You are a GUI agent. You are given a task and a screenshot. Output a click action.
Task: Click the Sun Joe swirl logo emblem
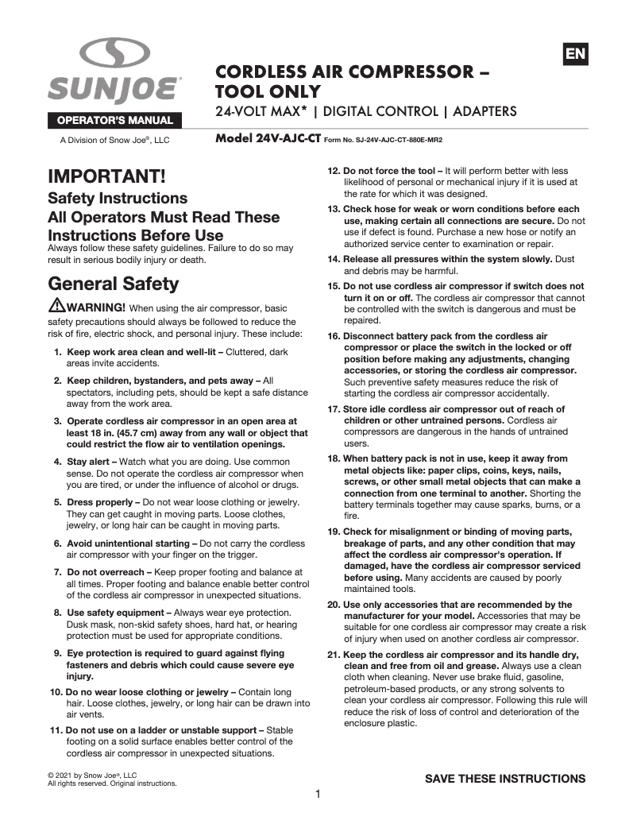click(114, 54)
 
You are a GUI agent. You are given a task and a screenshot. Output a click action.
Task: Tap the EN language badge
click(575, 54)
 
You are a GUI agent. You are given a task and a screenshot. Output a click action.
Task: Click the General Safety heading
click(114, 284)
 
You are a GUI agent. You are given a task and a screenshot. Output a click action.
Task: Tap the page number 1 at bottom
click(317, 794)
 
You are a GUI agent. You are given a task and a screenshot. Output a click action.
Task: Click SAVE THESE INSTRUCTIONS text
click(505, 778)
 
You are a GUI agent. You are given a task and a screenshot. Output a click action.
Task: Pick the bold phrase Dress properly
click(97, 502)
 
